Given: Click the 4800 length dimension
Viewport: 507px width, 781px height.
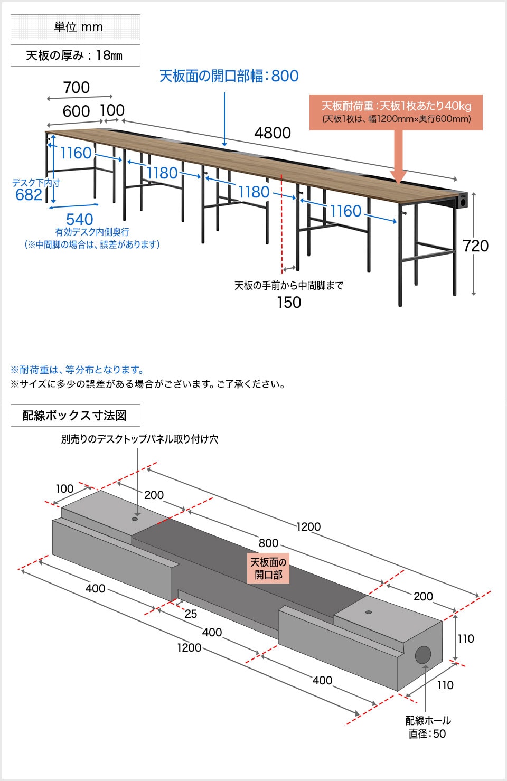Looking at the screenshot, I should pyautogui.click(x=273, y=133).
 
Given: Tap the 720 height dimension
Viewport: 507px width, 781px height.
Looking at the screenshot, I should pyautogui.click(x=475, y=246).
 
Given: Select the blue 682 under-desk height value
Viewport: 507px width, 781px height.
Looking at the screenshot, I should pyautogui.click(x=29, y=195).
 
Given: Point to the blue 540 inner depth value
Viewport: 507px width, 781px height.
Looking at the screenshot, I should pyautogui.click(x=80, y=219).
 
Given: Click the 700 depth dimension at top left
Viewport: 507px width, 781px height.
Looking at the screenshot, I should pyautogui.click(x=77, y=88).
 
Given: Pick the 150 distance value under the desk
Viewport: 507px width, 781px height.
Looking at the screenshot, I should pyautogui.click(x=289, y=303).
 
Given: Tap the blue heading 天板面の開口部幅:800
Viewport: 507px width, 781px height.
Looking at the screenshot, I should pyautogui.click(x=229, y=76).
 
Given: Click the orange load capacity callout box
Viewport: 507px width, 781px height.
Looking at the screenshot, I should pyautogui.click(x=396, y=112).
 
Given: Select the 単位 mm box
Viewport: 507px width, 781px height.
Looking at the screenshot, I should pyautogui.click(x=76, y=27).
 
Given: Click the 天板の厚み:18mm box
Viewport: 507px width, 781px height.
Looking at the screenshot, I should pyautogui.click(x=76, y=55).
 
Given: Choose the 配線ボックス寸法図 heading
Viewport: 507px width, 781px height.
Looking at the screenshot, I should pyautogui.click(x=76, y=416).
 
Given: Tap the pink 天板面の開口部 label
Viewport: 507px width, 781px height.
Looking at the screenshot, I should pyautogui.click(x=268, y=568).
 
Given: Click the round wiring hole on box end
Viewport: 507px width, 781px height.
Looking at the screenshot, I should pyautogui.click(x=423, y=655).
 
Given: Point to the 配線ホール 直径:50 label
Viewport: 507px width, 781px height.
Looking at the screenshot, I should pyautogui.click(x=428, y=727).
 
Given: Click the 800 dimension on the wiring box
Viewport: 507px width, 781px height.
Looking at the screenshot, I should pyautogui.click(x=268, y=543).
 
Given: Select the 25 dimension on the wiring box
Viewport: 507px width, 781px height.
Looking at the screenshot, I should pyautogui.click(x=191, y=614).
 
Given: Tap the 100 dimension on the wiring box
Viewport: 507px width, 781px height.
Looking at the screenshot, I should pyautogui.click(x=64, y=488).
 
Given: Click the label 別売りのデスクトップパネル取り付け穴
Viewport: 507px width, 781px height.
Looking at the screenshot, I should pyautogui.click(x=139, y=439).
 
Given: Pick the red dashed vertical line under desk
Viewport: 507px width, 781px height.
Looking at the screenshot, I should pyautogui.click(x=282, y=222).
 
